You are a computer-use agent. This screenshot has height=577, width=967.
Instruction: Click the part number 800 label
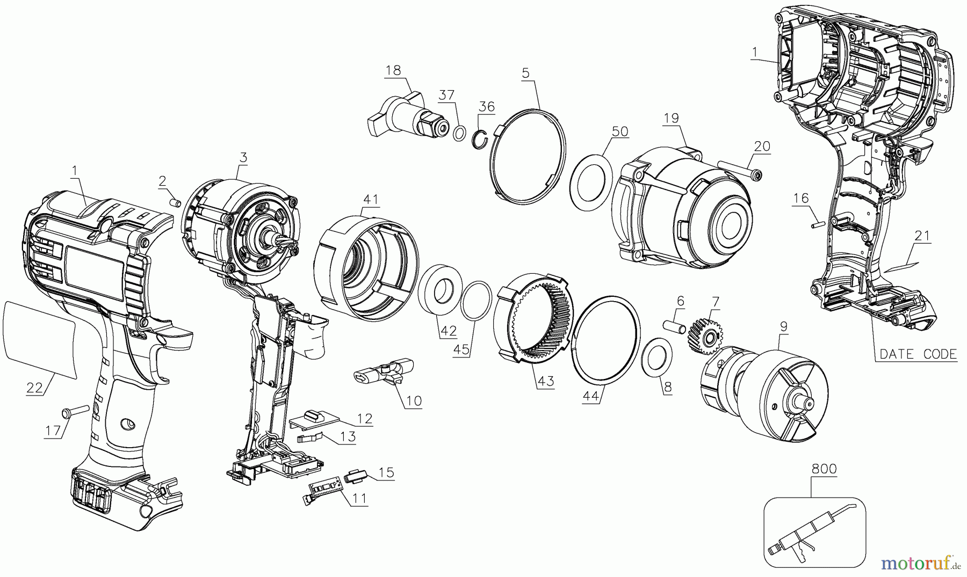point(824,469)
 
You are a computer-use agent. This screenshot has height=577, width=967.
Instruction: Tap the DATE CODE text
point(918,354)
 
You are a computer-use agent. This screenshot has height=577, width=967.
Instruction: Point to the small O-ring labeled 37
point(459,134)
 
